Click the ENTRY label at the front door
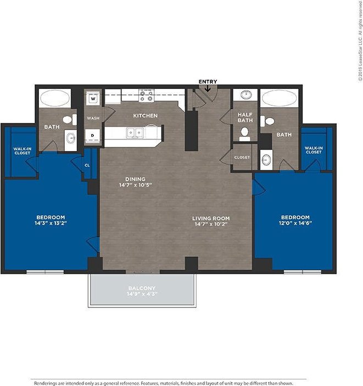click(x=208, y=82)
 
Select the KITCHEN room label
click(x=146, y=116)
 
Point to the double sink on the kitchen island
click(x=134, y=132)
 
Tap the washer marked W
click(x=93, y=99)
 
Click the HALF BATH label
click(x=244, y=117)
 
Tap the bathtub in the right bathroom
click(x=280, y=99)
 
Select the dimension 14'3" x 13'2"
click(x=51, y=223)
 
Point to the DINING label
click(x=135, y=179)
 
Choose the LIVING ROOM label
click(x=210, y=218)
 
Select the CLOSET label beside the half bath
click(x=242, y=158)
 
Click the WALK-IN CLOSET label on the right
click(x=313, y=150)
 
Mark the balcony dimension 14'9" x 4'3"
click(x=142, y=294)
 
